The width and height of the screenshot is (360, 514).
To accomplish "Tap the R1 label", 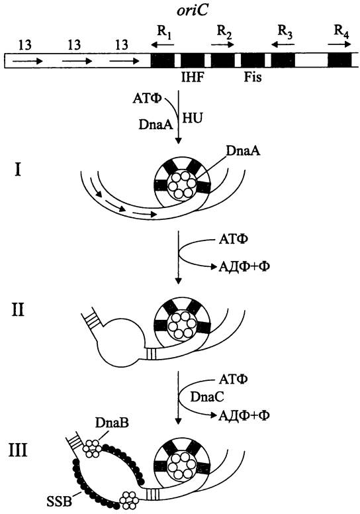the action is (164, 32).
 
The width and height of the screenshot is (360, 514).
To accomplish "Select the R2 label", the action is (225, 32).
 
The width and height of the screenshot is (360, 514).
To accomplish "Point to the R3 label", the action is (285, 32).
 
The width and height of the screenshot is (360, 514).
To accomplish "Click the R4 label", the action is (341, 32).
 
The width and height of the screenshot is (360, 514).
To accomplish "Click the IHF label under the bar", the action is (193, 77).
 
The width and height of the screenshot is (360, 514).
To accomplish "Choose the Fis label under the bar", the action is (253, 77).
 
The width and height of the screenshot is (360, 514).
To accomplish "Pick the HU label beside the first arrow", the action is (192, 118).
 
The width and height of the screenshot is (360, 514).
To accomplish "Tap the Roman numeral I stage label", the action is (18, 170).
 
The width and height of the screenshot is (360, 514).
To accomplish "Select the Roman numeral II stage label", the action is (18, 309).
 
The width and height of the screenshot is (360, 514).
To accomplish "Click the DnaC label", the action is (207, 397).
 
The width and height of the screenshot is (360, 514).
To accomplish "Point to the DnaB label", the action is (112, 423).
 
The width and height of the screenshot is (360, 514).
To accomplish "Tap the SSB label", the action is (59, 501).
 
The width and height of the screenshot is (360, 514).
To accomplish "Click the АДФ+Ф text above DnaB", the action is (244, 416).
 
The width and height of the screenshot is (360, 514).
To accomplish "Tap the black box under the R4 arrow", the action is (339, 60).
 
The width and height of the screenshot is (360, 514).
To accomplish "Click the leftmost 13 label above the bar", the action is (24, 44).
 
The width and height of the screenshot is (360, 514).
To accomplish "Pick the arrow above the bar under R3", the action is (283, 44).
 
